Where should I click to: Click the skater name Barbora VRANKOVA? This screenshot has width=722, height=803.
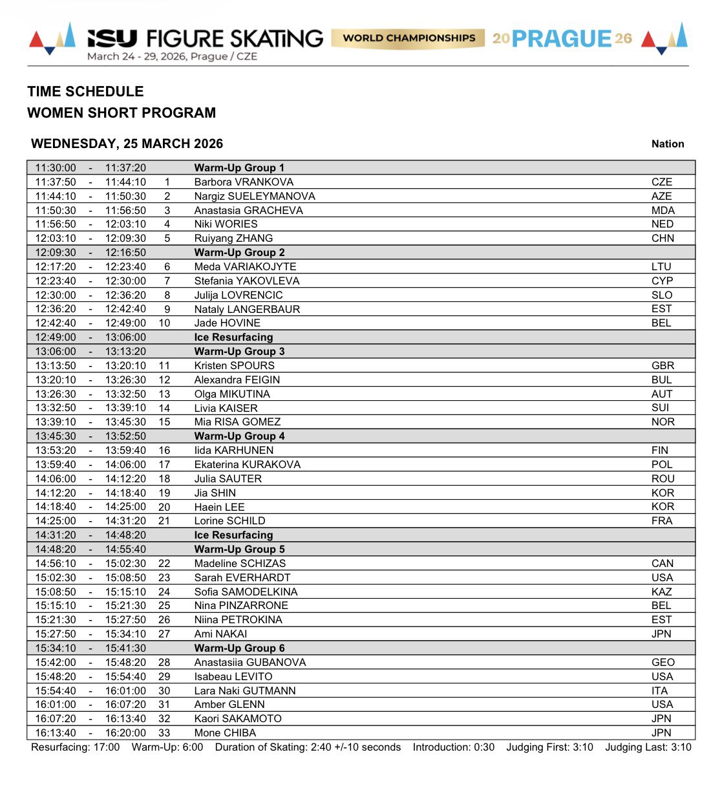click(x=244, y=182)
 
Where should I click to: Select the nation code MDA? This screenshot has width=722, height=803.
click(x=663, y=210)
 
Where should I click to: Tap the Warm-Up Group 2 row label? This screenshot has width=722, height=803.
click(x=239, y=252)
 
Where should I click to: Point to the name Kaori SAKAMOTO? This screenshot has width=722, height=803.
click(x=238, y=718)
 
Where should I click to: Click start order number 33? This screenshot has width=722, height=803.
click(x=164, y=733)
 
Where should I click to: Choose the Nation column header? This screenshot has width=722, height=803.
click(x=667, y=144)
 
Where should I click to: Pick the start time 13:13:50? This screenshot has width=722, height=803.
click(x=56, y=365)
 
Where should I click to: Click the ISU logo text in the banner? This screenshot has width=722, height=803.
click(x=112, y=39)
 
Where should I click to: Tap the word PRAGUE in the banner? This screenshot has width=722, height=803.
click(x=561, y=39)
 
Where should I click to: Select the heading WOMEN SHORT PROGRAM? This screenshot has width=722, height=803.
click(x=122, y=112)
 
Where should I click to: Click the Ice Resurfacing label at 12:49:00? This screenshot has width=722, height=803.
click(x=233, y=337)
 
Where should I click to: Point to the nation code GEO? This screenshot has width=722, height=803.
click(x=663, y=662)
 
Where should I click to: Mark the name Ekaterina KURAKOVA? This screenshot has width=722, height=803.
click(x=247, y=464)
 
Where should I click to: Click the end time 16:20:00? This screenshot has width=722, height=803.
click(x=125, y=733)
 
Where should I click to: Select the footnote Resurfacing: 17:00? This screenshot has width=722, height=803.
click(x=75, y=747)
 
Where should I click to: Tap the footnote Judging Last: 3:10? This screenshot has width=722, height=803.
click(x=648, y=747)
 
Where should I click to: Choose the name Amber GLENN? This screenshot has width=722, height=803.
click(x=229, y=704)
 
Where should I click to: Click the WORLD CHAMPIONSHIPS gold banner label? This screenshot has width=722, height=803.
click(x=409, y=38)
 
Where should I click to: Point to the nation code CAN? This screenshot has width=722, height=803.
click(x=662, y=563)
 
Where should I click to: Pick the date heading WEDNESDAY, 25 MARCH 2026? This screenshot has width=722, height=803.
click(x=127, y=144)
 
